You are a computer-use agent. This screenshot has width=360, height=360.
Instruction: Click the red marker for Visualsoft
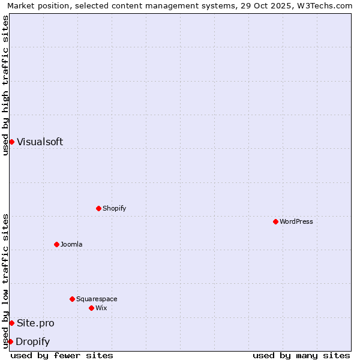11,142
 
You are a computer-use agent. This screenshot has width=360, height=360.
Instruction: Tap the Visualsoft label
40,142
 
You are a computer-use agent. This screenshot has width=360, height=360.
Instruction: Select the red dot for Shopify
98,208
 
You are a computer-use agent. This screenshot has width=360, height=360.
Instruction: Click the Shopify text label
114,208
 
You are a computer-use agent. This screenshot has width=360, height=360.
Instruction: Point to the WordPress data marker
275,221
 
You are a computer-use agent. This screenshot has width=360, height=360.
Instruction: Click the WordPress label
296,221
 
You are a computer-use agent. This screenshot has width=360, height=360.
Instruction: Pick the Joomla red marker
56,244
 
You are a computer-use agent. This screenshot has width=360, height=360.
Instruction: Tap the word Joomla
71,244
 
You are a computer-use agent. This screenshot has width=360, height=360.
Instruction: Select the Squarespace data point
72,299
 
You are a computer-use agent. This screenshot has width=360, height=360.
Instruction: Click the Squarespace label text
97,299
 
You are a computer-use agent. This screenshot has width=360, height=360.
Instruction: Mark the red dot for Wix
91,308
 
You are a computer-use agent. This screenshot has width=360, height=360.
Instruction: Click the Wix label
101,308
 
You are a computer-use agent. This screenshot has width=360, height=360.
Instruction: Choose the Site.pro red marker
11,323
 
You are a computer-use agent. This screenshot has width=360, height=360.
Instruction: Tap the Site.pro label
35,323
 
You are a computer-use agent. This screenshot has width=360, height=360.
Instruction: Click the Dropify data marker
10,341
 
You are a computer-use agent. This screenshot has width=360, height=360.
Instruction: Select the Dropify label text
32,342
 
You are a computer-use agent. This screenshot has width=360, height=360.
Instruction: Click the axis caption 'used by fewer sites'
62,355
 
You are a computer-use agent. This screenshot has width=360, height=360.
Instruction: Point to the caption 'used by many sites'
301,355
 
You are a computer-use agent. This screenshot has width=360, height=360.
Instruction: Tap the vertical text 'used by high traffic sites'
6,85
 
